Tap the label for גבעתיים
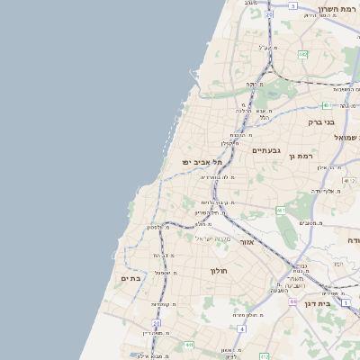tap(267, 150)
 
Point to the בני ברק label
tap(320, 121)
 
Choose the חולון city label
tap(220, 271)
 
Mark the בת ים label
tap(131, 278)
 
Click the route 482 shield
tap(303, 55)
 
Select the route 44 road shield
tap(292, 301)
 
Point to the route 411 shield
tap(188, 345)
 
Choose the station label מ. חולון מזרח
tap(246, 315)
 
